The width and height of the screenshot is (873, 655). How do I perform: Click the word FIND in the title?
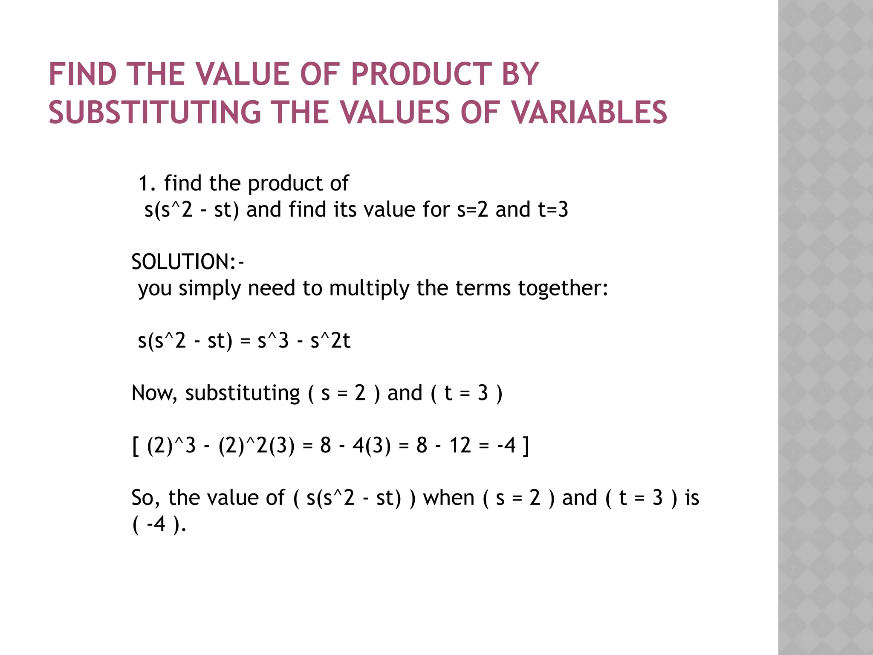[83, 74]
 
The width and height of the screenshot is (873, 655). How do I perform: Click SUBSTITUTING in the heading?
[155, 113]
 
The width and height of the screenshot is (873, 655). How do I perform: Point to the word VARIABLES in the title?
[589, 113]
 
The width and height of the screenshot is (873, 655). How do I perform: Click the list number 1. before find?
[147, 183]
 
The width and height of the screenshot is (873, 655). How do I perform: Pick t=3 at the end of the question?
[553, 210]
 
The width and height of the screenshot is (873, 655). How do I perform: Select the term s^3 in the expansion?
[273, 341]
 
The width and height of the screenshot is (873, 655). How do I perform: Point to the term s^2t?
[330, 341]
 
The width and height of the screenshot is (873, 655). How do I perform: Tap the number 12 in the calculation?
[460, 445]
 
